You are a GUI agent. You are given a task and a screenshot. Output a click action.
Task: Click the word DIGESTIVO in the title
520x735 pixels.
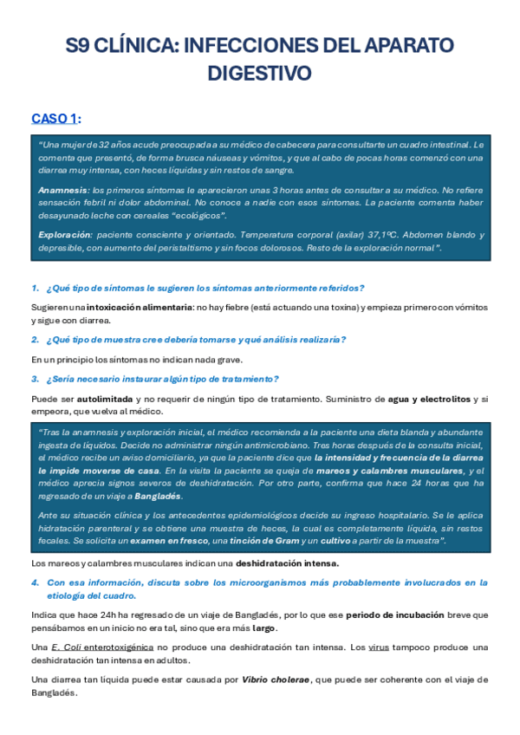(x=259, y=74)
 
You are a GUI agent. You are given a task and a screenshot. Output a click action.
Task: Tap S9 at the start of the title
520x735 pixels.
(x=80, y=46)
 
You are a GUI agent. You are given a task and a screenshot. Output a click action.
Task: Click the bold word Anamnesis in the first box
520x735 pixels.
(x=63, y=189)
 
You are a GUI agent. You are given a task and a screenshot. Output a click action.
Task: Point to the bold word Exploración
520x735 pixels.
(x=65, y=235)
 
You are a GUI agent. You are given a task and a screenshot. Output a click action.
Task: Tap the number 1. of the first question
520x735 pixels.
(x=35, y=288)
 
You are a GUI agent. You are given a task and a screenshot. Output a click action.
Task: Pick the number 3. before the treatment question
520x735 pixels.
(x=35, y=379)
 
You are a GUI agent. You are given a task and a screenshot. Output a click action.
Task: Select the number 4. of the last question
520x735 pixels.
(x=35, y=583)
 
